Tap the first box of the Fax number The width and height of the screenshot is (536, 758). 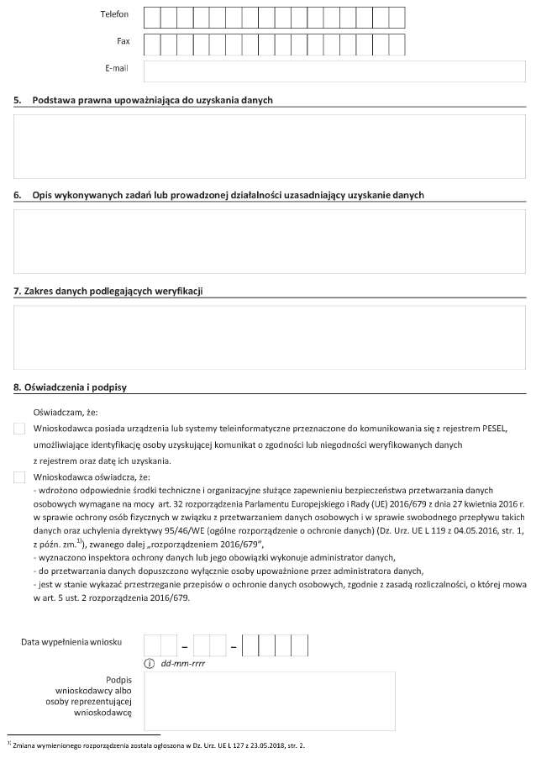(x=151, y=44)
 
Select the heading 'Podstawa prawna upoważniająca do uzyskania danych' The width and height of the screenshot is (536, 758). (x=152, y=100)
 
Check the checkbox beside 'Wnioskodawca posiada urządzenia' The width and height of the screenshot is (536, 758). (x=19, y=429)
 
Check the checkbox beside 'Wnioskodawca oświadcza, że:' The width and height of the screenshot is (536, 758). (x=19, y=477)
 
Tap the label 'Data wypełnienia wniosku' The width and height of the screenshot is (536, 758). (x=71, y=642)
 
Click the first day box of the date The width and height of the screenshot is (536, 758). (x=153, y=645)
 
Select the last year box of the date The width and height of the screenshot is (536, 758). (x=300, y=645)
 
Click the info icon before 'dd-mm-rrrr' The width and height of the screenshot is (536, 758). (x=150, y=664)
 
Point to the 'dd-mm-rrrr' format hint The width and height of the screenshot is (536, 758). (x=183, y=664)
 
